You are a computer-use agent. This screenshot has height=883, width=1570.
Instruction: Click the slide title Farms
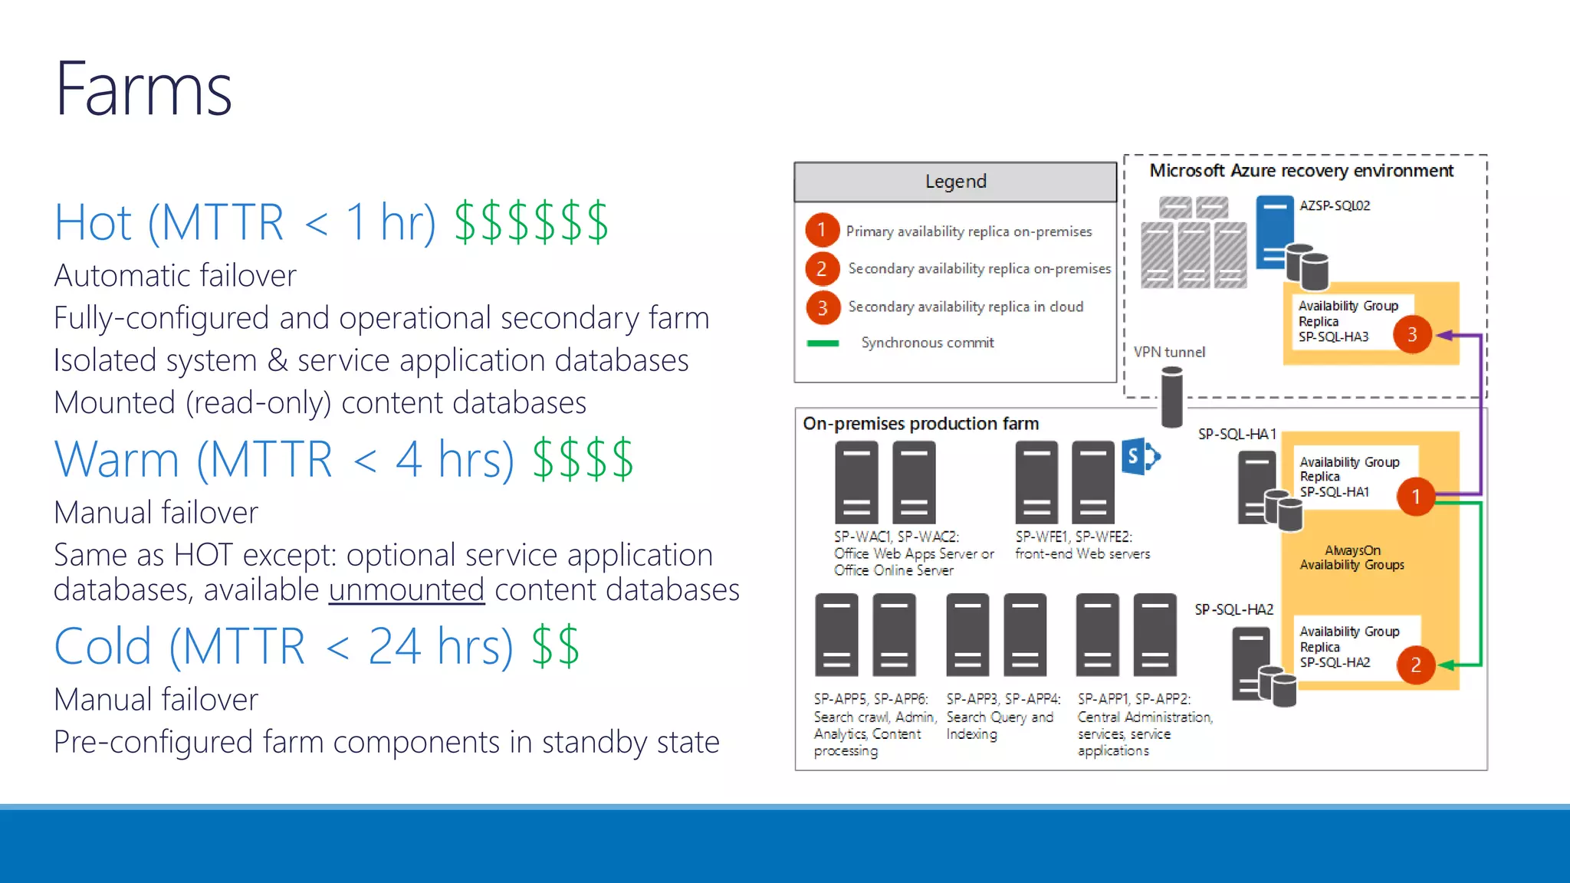click(x=143, y=90)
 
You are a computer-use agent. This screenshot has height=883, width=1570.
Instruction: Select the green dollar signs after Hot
click(x=530, y=223)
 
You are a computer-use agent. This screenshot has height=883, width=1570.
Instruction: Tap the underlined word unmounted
click(x=406, y=590)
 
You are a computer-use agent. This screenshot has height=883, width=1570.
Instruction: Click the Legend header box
click(x=955, y=182)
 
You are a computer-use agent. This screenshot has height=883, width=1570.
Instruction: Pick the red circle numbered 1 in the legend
click(x=822, y=230)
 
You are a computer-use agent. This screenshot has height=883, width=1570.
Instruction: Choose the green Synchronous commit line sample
click(x=823, y=343)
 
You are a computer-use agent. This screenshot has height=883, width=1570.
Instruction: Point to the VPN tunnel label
click(x=1169, y=352)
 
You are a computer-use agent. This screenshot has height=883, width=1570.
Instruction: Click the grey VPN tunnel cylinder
click(x=1171, y=396)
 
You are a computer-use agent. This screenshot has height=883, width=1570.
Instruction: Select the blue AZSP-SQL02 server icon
click(x=1274, y=231)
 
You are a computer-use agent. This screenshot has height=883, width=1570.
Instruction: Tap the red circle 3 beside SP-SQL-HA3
click(x=1412, y=335)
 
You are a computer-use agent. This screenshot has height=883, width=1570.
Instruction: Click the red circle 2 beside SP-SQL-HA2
click(x=1415, y=665)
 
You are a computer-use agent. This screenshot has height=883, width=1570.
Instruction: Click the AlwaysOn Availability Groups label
click(x=1352, y=557)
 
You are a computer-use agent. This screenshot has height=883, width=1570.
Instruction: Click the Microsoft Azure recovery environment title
click(x=1301, y=171)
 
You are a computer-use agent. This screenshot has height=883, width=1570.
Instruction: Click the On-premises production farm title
click(x=921, y=424)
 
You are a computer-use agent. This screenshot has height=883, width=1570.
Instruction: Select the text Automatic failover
click(x=175, y=276)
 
